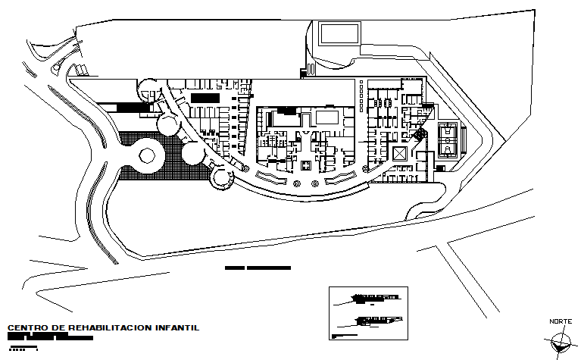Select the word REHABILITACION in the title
tap(110, 328)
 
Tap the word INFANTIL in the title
tap(176, 328)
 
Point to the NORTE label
tap(561, 322)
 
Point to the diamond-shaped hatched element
tap(419, 134)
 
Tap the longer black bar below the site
tap(269, 268)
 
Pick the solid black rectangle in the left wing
tap(205, 98)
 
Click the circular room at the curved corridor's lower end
tap(221, 179)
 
